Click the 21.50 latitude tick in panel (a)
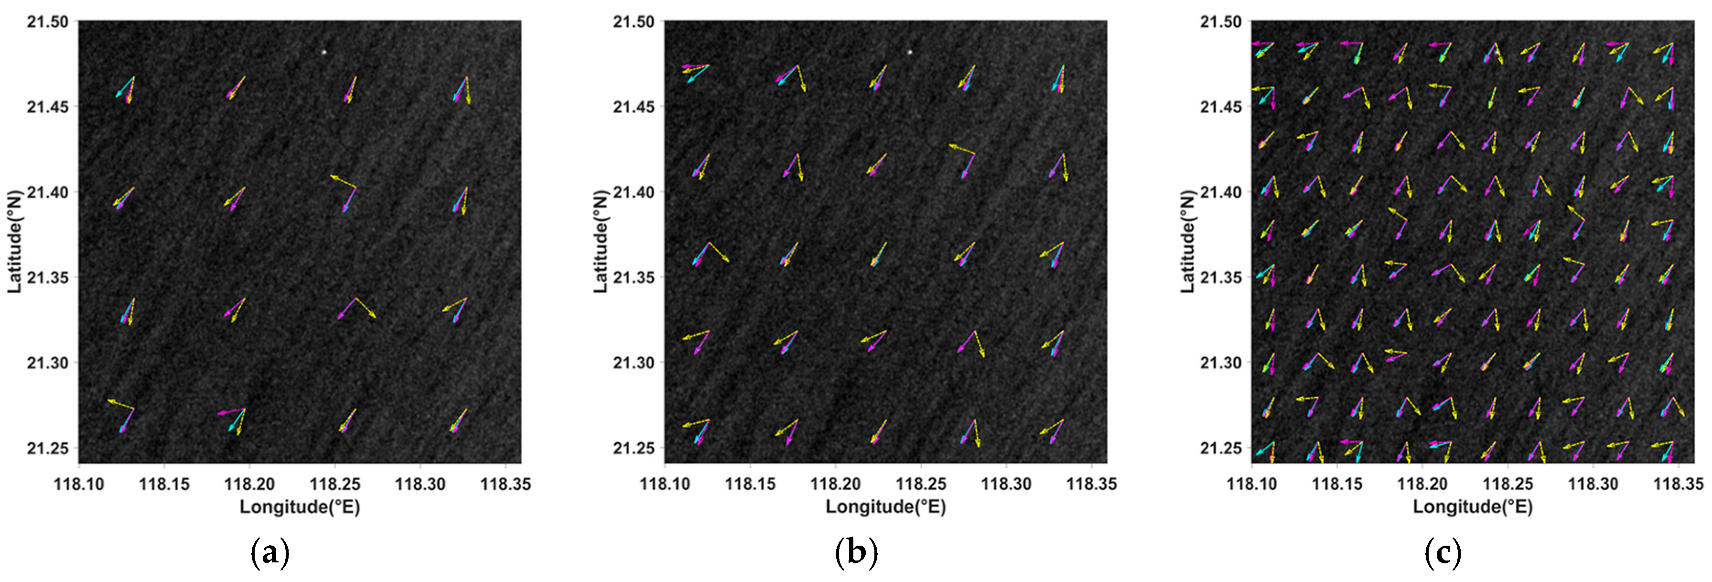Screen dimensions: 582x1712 point(48,22)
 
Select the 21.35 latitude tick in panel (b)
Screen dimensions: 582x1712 point(634,277)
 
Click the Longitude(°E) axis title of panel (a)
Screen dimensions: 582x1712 point(300,507)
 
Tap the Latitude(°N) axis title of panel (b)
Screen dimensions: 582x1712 point(600,242)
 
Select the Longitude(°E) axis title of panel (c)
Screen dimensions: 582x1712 point(1473,507)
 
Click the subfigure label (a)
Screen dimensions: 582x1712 point(270,553)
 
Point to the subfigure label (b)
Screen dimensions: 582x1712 point(856,553)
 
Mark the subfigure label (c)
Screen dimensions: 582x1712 point(1443,553)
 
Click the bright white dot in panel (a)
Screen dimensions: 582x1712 point(323,52)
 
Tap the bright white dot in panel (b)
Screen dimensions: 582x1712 point(910,52)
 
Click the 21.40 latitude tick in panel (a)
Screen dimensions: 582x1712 point(48,192)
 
